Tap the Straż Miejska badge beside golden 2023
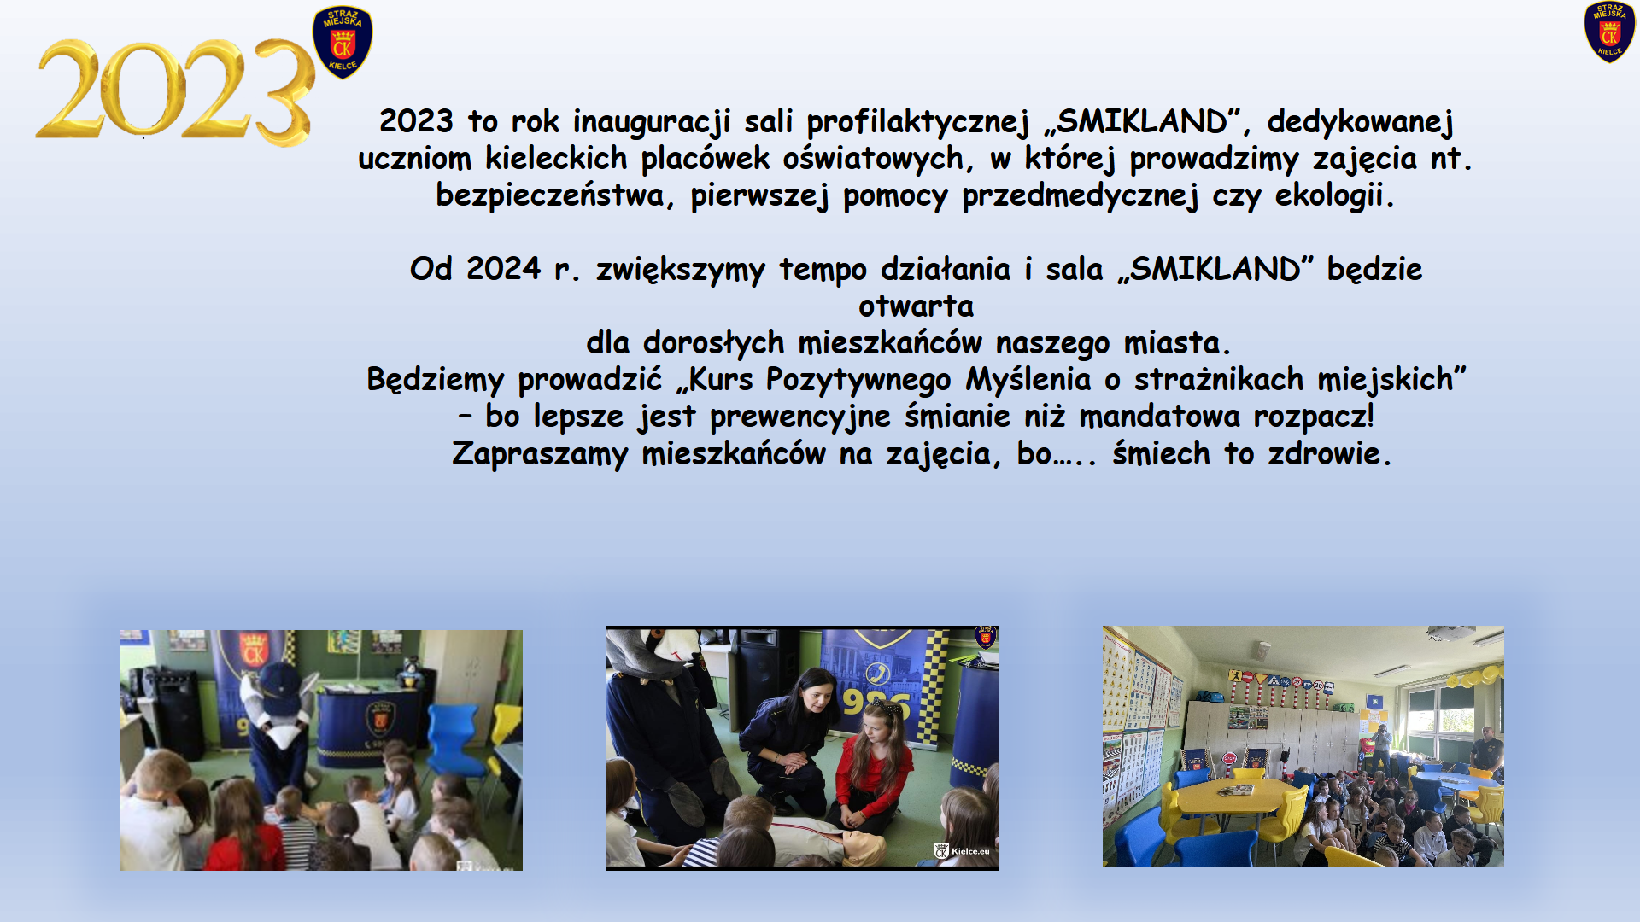(343, 42)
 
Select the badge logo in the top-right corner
(1609, 32)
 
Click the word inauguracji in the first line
(652, 121)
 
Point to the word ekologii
(1334, 195)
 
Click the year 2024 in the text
(503, 269)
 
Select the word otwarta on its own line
(916, 306)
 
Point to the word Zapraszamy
(540, 454)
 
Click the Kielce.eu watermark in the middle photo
(963, 851)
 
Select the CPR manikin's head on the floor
(864, 848)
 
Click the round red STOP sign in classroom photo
(1229, 758)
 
